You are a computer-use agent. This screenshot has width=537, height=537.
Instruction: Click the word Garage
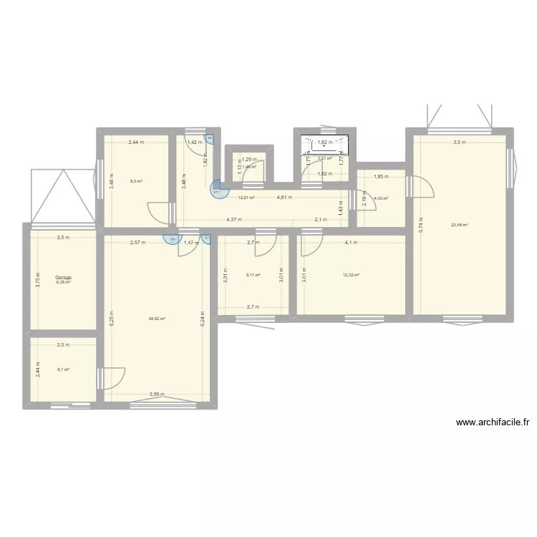click(x=63, y=278)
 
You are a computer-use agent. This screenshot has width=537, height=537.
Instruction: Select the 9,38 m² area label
click(x=63, y=283)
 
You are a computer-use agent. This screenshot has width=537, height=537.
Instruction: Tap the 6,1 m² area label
click(x=63, y=369)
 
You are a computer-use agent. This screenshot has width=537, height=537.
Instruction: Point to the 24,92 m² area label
click(x=157, y=319)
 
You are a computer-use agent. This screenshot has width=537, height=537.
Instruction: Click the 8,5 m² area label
click(x=136, y=181)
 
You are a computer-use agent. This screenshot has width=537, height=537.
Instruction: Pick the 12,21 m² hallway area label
click(x=246, y=198)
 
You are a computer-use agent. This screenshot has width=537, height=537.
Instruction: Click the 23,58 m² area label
click(x=459, y=225)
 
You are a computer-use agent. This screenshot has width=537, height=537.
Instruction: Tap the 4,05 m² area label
click(x=381, y=199)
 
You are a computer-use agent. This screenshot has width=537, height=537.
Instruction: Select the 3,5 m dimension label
click(x=460, y=142)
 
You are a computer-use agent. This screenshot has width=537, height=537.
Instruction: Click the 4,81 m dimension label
click(x=285, y=198)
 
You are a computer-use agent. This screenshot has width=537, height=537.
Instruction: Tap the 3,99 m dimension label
click(x=157, y=394)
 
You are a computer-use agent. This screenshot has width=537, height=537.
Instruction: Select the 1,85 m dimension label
click(x=381, y=177)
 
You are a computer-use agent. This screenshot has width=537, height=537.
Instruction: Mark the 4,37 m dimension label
click(x=233, y=220)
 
